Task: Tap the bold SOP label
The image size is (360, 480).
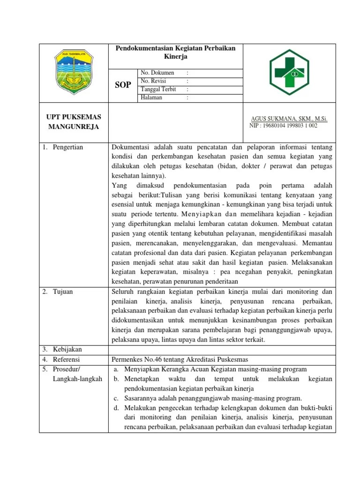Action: pos(123,85)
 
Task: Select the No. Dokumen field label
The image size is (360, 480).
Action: pos(157,73)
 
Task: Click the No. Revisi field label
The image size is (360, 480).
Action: pos(153,81)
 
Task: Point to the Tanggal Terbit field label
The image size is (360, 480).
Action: pos(159,89)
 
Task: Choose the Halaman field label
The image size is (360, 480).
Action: pos(151,97)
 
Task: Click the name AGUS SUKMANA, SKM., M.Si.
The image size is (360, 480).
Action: pos(290,120)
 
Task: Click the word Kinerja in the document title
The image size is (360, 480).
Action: pos(176,57)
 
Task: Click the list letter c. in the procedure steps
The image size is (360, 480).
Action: pos(116,398)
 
